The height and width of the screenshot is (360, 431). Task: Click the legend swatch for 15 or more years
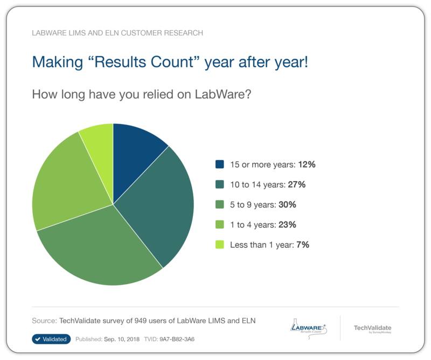[x=220, y=164]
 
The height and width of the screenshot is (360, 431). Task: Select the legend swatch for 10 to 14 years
[x=220, y=184]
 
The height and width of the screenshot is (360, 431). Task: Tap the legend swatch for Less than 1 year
[x=220, y=245]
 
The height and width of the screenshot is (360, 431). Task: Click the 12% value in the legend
[x=305, y=164]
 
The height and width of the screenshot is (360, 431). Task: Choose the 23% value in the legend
[x=288, y=225]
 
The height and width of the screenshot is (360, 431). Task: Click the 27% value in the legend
[x=296, y=184]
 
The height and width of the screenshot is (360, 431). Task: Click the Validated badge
[x=51, y=339]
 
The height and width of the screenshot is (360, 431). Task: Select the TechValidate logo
[x=372, y=328]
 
